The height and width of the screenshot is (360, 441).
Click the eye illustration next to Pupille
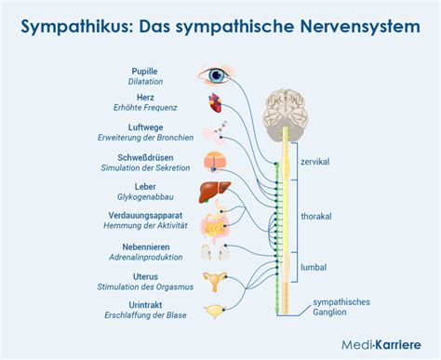215,75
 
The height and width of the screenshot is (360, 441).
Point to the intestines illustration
216,224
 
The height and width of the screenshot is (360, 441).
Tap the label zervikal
317,161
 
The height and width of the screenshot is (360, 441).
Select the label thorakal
317,216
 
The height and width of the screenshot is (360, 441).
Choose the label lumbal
314,269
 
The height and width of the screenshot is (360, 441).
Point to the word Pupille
145,70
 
